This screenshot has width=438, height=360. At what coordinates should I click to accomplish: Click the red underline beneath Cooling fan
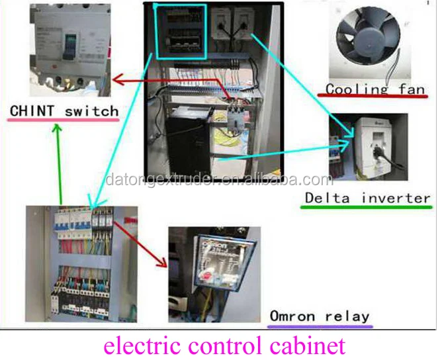pyautogui.click(x=374, y=98)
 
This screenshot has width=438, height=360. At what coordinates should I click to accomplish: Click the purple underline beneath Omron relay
pyautogui.click(x=320, y=325)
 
